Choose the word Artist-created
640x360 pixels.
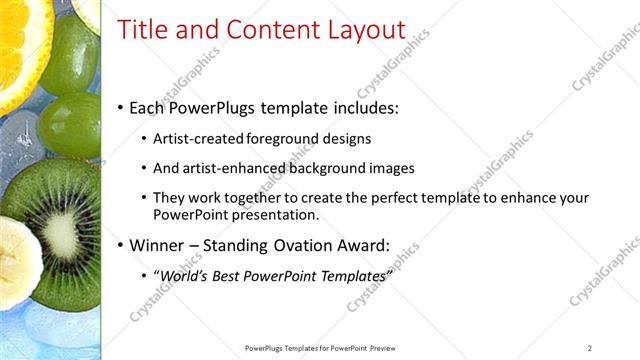[x=195, y=139]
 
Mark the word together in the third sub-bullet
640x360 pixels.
[x=242, y=199]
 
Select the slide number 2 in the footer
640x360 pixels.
[x=589, y=348]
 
